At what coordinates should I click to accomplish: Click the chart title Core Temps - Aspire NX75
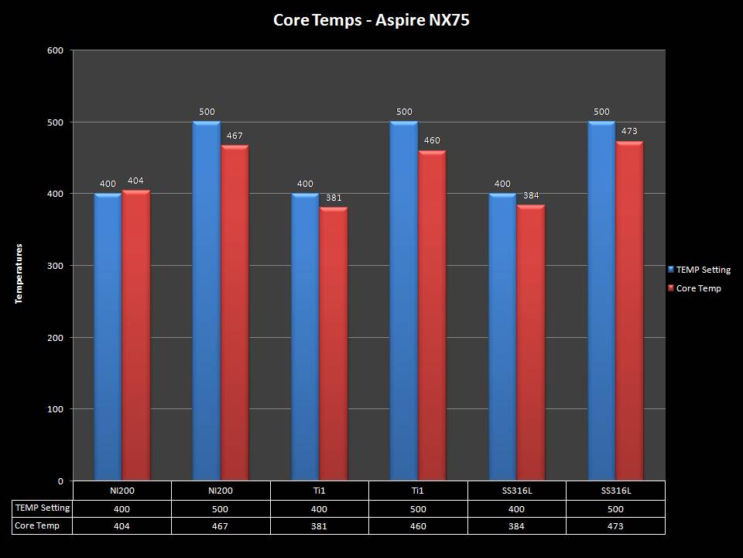click(371, 20)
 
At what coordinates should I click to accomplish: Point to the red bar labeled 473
click(629, 310)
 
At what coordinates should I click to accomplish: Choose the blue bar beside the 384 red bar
click(502, 337)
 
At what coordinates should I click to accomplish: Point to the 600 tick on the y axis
click(56, 50)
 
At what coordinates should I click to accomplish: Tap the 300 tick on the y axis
click(56, 266)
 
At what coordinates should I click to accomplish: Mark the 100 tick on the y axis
click(56, 409)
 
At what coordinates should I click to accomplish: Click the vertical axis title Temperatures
click(19, 273)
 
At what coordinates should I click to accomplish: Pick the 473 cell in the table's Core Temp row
click(615, 526)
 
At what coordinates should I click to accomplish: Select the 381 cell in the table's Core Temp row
click(319, 526)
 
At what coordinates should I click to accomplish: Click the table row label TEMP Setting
click(43, 508)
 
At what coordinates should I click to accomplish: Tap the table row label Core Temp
click(37, 525)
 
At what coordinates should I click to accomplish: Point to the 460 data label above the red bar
click(431, 141)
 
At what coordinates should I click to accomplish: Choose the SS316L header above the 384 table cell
click(516, 491)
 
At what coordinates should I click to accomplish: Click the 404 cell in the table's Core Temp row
click(122, 526)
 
